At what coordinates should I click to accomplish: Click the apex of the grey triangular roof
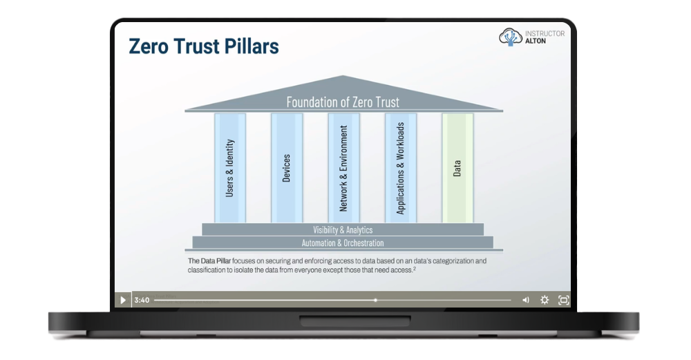click(x=343, y=75)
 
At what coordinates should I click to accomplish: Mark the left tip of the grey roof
click(x=184, y=110)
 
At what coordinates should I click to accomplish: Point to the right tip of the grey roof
click(x=503, y=110)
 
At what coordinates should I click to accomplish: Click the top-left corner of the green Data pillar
click(x=442, y=114)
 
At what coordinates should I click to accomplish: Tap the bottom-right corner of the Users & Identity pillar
click(x=246, y=222)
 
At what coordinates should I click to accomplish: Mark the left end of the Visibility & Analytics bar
click(x=202, y=229)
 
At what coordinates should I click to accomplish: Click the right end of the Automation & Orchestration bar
click(x=493, y=243)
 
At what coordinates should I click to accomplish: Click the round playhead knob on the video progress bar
click(x=375, y=300)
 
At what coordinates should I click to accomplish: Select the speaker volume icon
click(x=526, y=300)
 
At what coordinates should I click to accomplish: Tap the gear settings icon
click(x=545, y=300)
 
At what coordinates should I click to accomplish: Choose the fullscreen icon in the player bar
click(x=564, y=300)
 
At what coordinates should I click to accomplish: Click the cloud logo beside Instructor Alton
click(x=511, y=37)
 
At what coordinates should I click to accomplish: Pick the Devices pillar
click(x=287, y=168)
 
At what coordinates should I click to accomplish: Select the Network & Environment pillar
click(x=343, y=168)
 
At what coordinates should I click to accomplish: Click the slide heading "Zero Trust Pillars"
click(x=204, y=46)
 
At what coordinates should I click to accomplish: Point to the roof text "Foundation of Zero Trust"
click(x=343, y=102)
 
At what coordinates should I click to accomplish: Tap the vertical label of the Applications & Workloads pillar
click(x=400, y=169)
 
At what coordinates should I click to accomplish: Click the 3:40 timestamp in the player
click(x=142, y=300)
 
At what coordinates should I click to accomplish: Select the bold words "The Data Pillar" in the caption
click(x=209, y=261)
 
